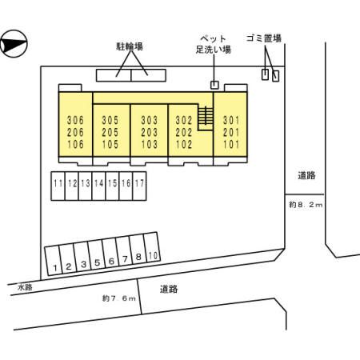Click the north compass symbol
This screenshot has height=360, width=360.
pyautogui.click(x=14, y=44)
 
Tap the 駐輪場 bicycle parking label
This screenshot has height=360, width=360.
pyautogui.click(x=130, y=46)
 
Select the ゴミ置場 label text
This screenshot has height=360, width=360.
pyautogui.click(x=264, y=38)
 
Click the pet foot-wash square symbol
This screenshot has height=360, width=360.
pyautogui.click(x=214, y=85)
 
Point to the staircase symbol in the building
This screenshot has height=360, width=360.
pyautogui.click(x=206, y=115)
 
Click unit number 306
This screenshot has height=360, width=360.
pyautogui.click(x=75, y=120)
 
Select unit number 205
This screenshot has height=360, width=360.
pyautogui.click(x=110, y=132)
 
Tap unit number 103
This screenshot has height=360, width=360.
pyautogui.click(x=150, y=144)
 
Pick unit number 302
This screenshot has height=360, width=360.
pyautogui.click(x=184, y=120)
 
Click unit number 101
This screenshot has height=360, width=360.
pyautogui.click(x=231, y=144)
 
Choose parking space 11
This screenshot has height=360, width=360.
pyautogui.click(x=58, y=186)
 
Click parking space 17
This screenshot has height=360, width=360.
pyautogui.click(x=139, y=186)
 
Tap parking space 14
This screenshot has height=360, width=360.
pyautogui.click(x=98, y=186)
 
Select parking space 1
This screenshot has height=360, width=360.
pyautogui.click(x=54, y=260)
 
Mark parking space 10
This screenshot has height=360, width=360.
pyautogui.click(x=152, y=247)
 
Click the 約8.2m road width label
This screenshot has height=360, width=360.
pyautogui.click(x=306, y=205)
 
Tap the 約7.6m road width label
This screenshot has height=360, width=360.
pyautogui.click(x=119, y=298)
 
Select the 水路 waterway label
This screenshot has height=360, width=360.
pyautogui.click(x=25, y=287)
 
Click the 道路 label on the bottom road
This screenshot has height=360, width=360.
pyautogui.click(x=169, y=289)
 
